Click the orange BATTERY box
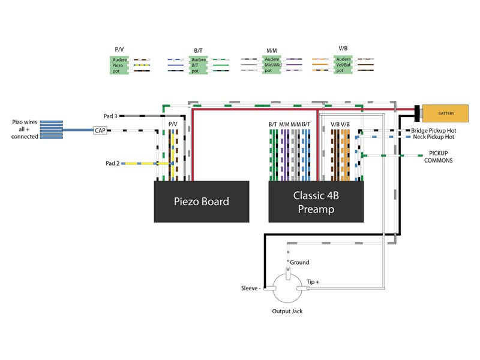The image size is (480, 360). [x=445, y=113]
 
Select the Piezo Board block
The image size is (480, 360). [x=202, y=202]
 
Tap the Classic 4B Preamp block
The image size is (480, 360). [x=316, y=202]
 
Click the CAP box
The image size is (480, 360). [x=100, y=130]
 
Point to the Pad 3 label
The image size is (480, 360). [x=110, y=116]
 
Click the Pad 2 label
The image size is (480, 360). [x=112, y=163]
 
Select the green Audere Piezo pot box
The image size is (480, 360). [x=119, y=65]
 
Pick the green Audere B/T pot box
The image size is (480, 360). [x=198, y=65]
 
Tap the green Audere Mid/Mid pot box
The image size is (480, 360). [x=272, y=65]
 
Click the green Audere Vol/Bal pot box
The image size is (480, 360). [x=343, y=65]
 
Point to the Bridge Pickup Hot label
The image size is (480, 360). [x=433, y=130]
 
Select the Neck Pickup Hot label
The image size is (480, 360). [x=433, y=137]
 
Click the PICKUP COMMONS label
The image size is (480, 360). [x=439, y=157]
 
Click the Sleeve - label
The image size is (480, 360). [x=251, y=288]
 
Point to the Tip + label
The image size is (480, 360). [x=313, y=281]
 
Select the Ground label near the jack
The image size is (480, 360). [x=299, y=262]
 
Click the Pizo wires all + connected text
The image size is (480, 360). [x=25, y=129]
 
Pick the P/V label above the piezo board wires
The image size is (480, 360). [x=173, y=124]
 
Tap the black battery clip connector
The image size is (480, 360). [x=417, y=113]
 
